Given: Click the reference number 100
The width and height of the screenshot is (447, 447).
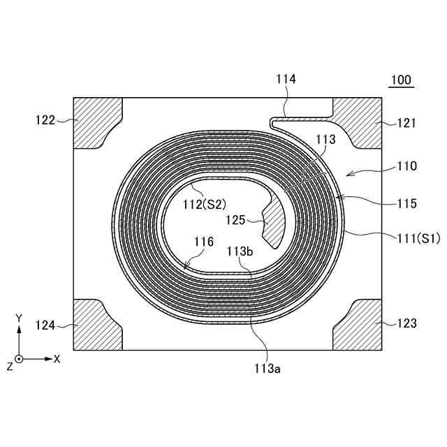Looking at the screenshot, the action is click(401, 80).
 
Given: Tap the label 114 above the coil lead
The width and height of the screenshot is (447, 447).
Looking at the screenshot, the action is click(286, 79).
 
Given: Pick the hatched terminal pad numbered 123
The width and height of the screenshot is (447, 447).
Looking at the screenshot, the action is click(360, 325).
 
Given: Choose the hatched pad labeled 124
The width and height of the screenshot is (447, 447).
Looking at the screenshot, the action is click(96, 325).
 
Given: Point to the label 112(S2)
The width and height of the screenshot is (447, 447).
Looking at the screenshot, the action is click(205, 205).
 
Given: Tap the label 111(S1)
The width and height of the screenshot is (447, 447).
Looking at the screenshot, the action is click(419, 238).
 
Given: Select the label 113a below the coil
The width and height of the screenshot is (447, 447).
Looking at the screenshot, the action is click(268, 369).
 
